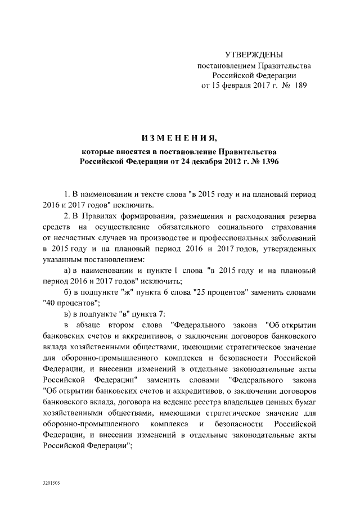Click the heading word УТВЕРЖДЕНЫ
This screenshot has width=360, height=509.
click(254, 55)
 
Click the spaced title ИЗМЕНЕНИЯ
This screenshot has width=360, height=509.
click(179, 138)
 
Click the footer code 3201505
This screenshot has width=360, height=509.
click(51, 483)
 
